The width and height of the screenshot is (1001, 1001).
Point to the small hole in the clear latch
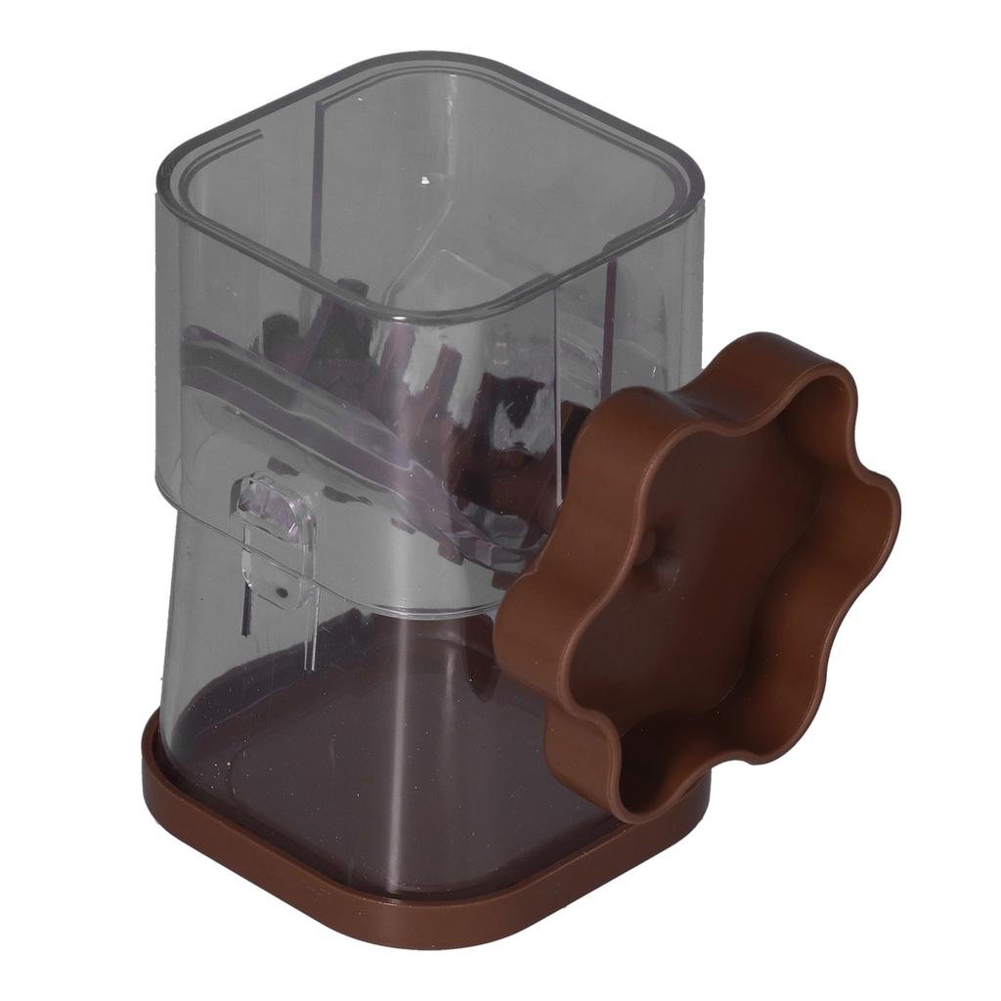(282, 590)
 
